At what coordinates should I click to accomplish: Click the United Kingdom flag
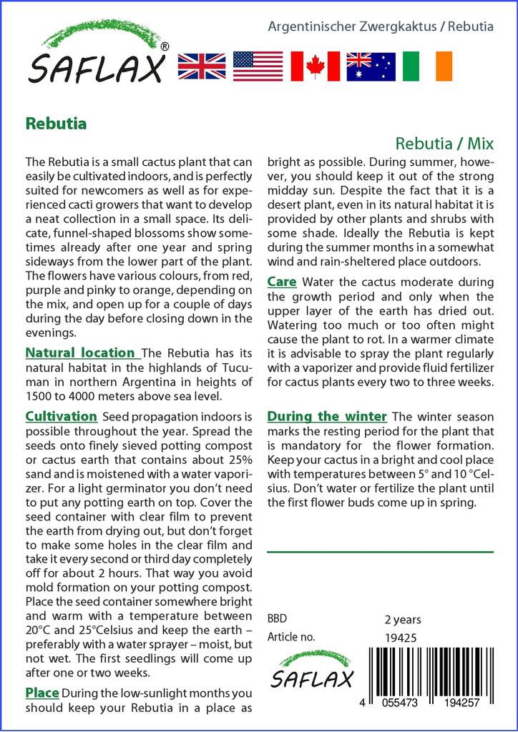click(x=201, y=66)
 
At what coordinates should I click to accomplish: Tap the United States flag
click(x=258, y=66)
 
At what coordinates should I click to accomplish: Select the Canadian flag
click(x=315, y=66)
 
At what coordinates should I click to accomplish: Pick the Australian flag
click(x=371, y=66)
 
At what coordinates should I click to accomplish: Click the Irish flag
click(x=427, y=66)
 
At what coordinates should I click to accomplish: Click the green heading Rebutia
click(x=56, y=123)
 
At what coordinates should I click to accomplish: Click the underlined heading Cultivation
click(x=61, y=416)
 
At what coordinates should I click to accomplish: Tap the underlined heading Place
click(x=41, y=693)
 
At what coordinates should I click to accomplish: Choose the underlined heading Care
click(x=281, y=282)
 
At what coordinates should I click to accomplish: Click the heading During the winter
click(x=326, y=416)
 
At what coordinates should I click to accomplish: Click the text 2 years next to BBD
click(x=403, y=619)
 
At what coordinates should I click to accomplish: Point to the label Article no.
click(x=290, y=637)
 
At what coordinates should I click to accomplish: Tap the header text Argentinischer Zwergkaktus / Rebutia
click(x=380, y=26)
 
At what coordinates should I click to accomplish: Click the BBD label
click(x=277, y=618)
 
